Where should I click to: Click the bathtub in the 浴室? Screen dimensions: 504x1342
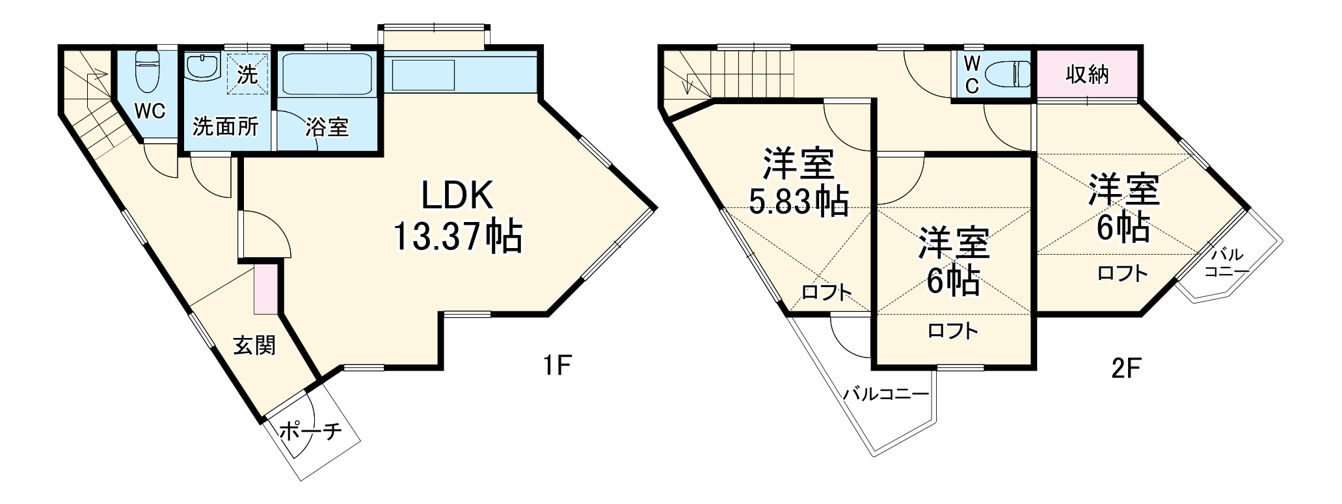327,74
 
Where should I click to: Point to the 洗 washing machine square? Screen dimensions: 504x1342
247,74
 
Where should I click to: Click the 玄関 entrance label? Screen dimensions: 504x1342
254,346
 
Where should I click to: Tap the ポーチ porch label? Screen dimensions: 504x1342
310,431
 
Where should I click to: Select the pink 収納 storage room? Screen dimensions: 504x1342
1086,75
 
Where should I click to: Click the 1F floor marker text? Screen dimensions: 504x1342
557,367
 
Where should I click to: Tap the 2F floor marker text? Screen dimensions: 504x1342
1126,369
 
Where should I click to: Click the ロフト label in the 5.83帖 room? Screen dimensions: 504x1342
826,292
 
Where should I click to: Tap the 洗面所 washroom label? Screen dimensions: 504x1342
225,126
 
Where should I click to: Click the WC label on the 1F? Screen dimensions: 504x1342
150,111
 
